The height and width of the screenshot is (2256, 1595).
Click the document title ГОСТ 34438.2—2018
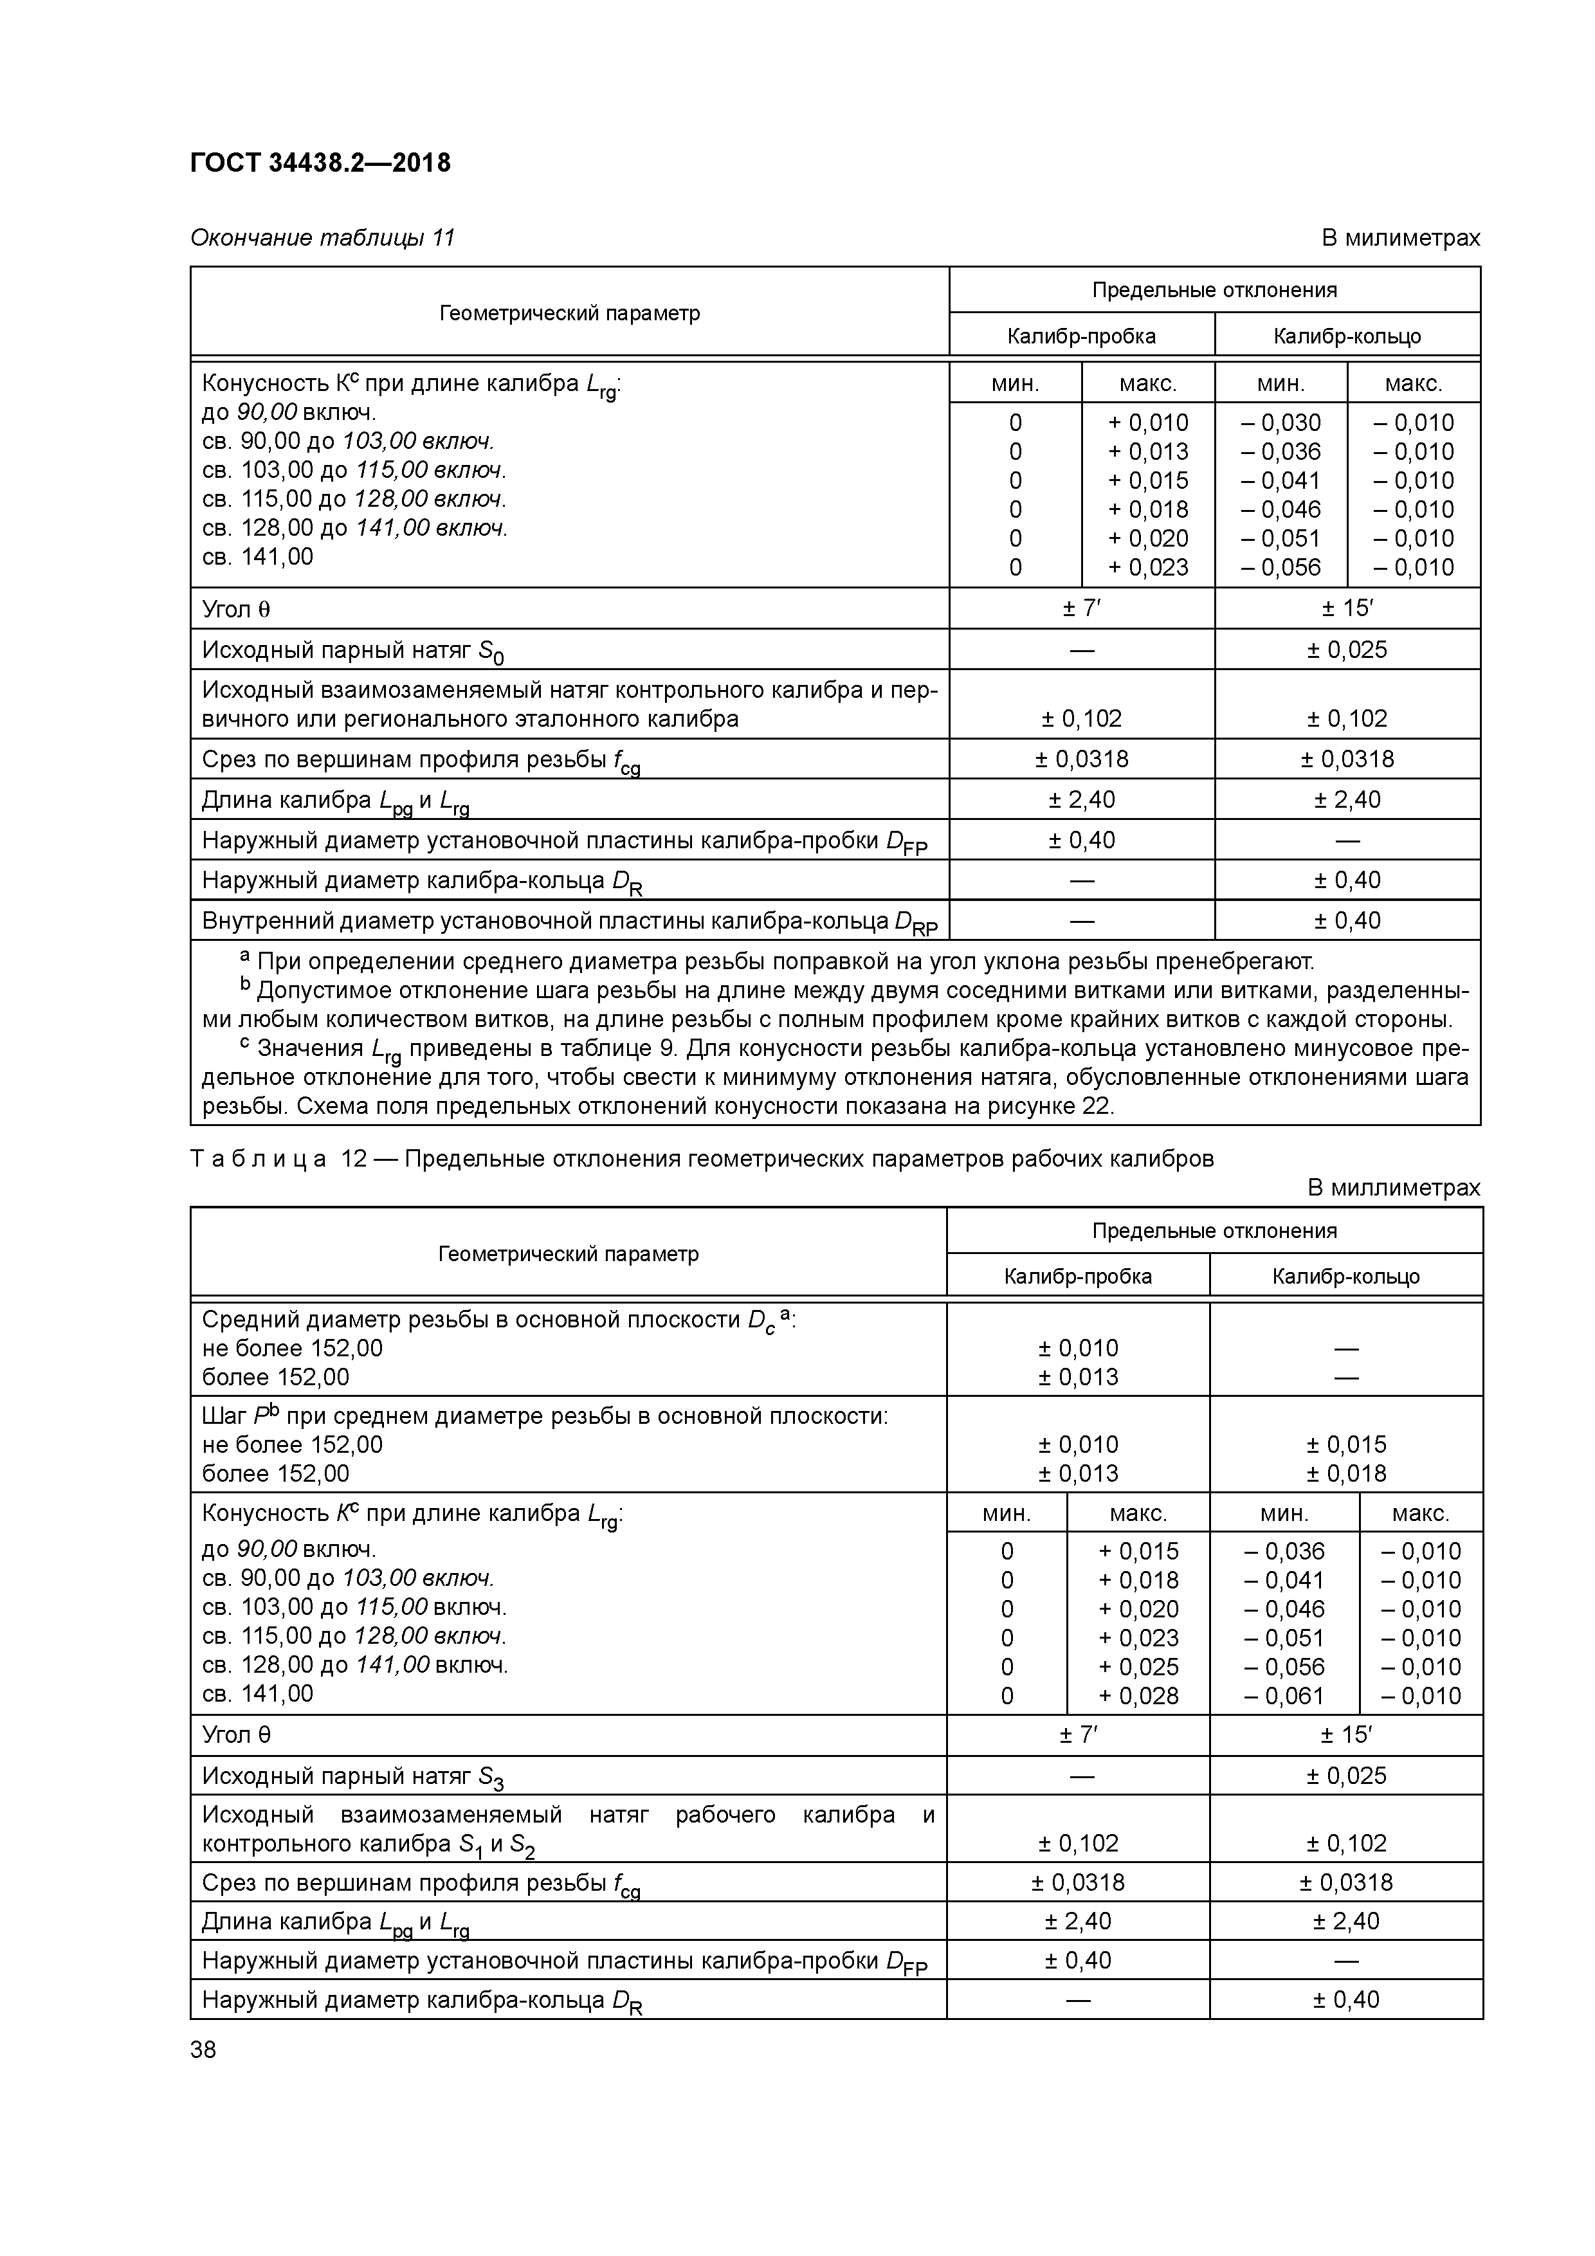click(320, 162)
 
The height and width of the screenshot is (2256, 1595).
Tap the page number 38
click(203, 2050)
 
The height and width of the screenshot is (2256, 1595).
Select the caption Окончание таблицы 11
click(322, 238)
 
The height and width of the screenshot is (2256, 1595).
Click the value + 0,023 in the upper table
click(1148, 567)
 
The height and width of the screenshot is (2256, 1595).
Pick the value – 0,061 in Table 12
click(1284, 1695)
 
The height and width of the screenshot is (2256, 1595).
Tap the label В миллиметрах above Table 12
click(1392, 1187)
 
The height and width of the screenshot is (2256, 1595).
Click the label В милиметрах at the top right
click(1399, 238)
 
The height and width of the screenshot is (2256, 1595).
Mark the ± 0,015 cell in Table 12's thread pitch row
click(1345, 1444)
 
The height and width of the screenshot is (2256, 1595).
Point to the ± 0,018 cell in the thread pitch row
click(1345, 1473)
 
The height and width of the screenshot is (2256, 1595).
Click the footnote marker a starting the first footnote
click(244, 956)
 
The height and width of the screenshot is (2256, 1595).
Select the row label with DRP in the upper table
click(569, 922)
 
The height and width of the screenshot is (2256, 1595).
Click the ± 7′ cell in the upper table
click(1081, 609)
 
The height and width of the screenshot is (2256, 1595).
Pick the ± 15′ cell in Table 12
click(1345, 1734)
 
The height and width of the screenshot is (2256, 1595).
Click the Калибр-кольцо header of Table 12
click(1345, 1277)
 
